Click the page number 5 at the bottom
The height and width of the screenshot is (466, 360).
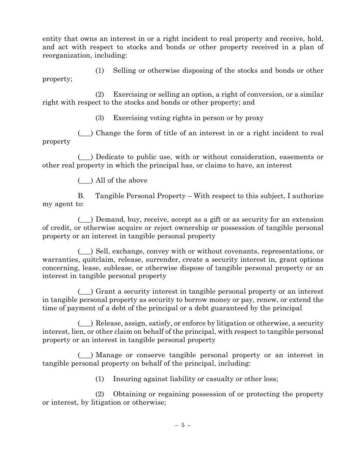click(183, 425)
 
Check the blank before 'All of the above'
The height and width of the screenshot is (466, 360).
click(85, 181)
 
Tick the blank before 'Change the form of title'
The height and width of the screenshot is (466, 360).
click(85, 133)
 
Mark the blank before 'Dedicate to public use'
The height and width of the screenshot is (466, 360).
click(85, 157)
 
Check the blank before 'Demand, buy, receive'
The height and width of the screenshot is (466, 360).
click(85, 220)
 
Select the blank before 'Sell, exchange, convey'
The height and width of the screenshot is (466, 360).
click(85, 252)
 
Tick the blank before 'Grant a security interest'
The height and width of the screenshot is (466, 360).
click(85, 292)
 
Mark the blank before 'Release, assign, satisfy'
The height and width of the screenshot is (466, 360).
click(85, 324)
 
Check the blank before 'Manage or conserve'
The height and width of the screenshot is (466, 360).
click(85, 355)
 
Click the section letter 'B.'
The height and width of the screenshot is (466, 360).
click(81, 196)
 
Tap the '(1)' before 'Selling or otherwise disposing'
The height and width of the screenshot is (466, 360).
click(100, 71)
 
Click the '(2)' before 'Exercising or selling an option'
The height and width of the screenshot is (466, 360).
click(100, 94)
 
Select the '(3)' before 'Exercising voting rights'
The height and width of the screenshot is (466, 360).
click(100, 118)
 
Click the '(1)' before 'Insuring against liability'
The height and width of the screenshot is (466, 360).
click(100, 379)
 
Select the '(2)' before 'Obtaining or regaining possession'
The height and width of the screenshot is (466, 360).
click(100, 394)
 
